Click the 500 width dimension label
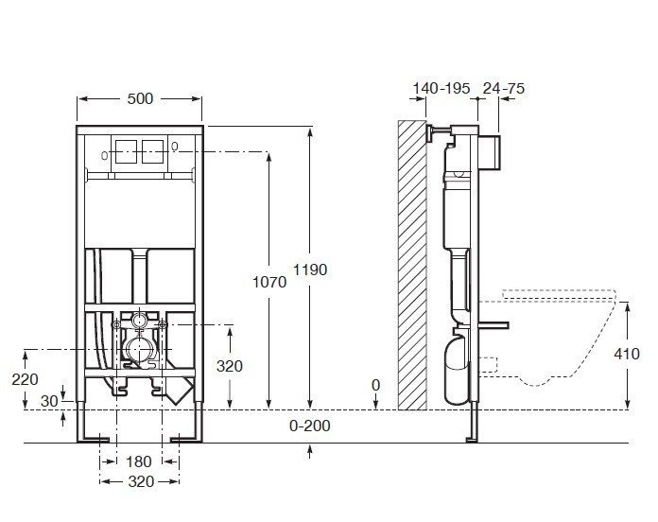click(x=140, y=98)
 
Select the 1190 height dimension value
click(x=310, y=270)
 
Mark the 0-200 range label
click(x=310, y=426)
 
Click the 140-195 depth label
click(x=442, y=88)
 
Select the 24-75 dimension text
click(x=504, y=88)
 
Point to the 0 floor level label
click(x=375, y=385)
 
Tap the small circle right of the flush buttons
click(x=177, y=146)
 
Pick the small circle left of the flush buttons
click(x=101, y=154)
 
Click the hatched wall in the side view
click(x=412, y=265)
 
